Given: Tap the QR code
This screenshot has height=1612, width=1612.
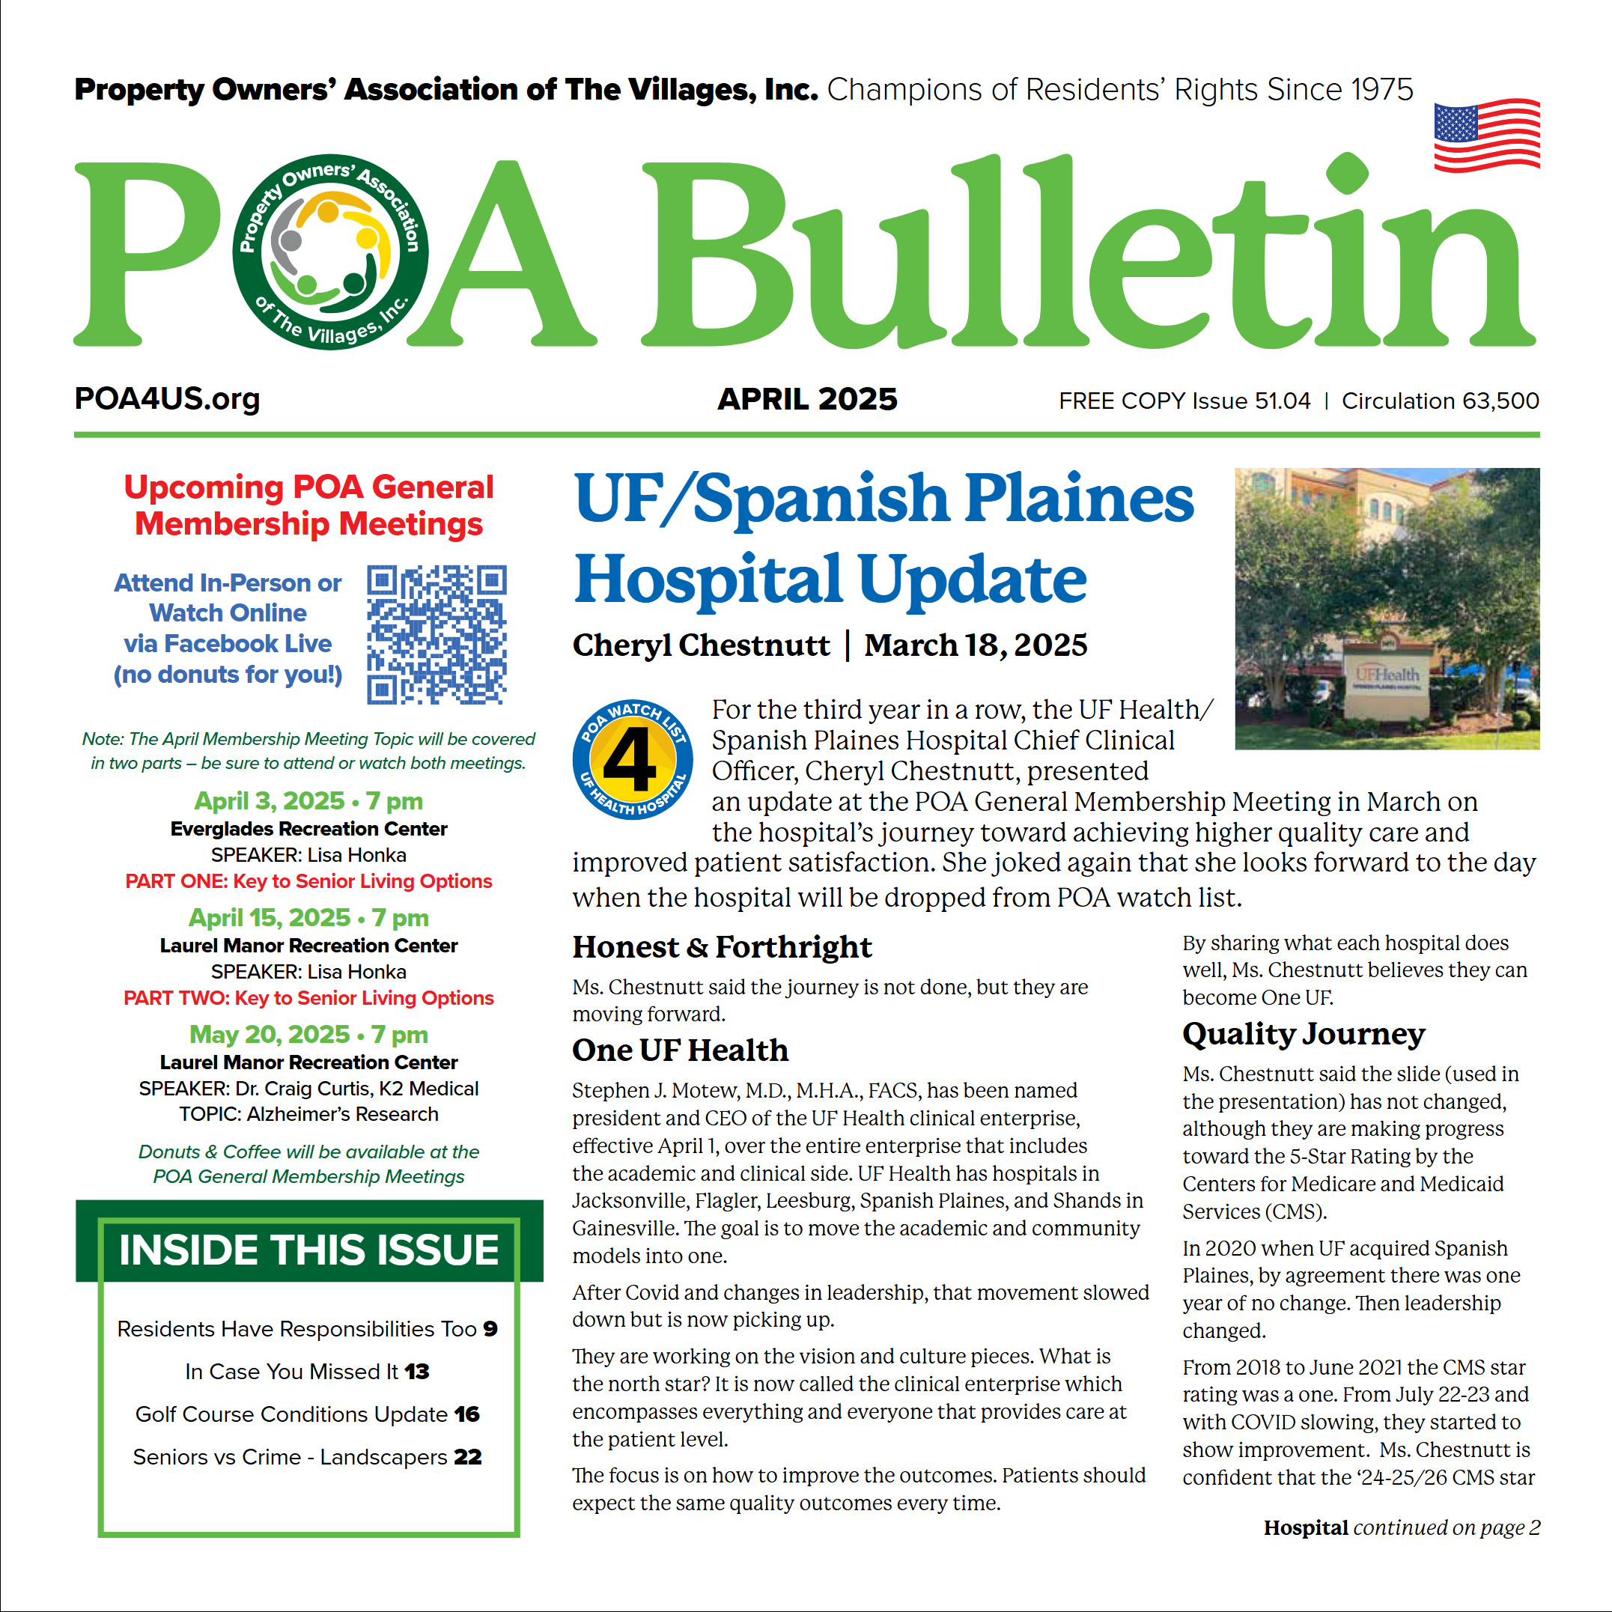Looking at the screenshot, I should pos(437,634).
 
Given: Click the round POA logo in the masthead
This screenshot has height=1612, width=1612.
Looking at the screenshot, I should pos(330,252).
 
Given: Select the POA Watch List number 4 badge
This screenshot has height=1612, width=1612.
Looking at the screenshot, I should pos(633,759).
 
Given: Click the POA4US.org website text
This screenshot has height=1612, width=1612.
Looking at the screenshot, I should pos(167,399).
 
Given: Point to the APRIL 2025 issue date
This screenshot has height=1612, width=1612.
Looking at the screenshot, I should pos(807,400).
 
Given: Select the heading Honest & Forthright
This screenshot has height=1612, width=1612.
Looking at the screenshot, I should pos(722,947).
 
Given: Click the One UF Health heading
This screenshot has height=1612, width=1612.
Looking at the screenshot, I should pos(680,1050).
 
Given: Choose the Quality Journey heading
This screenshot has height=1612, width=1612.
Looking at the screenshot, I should pos(1304,1035).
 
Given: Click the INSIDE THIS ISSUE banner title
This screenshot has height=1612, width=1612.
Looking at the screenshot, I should pos(308,1250).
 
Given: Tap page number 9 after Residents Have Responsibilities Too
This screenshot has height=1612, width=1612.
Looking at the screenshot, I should pos(490,1329).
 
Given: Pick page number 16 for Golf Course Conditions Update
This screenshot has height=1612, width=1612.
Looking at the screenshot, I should pos(466,1414).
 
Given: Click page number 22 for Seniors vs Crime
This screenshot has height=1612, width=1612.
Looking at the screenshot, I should pos(467,1457).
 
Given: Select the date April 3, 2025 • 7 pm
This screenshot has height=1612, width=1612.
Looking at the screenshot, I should pos(308,801).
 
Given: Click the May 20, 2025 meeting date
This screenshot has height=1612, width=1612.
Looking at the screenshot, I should pos(308,1035).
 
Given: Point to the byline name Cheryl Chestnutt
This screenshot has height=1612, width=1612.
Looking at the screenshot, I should pos(701,645).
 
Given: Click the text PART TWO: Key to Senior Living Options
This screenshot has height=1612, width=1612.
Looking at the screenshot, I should pos(308,998).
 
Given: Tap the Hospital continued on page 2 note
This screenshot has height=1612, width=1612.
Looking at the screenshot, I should pos(1402,1527).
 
